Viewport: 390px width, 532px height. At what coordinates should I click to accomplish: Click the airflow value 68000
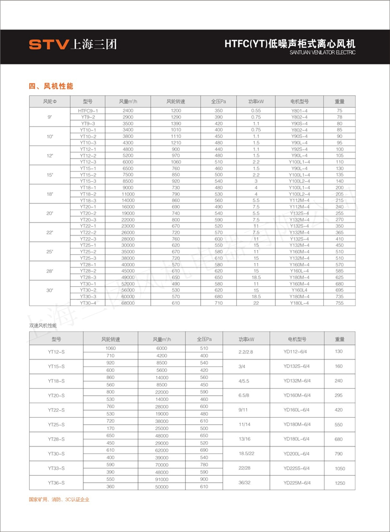pos(128,303)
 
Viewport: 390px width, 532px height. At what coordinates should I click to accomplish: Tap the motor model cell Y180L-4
pos(300,303)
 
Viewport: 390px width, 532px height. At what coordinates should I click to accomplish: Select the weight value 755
pos(340,303)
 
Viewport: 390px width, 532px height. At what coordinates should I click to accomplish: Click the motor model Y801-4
pos(300,110)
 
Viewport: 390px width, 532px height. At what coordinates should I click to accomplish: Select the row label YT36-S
pos(56,483)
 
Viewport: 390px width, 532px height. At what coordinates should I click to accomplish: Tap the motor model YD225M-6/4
pos(297,483)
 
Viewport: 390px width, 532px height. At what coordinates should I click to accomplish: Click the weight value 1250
pos(340,483)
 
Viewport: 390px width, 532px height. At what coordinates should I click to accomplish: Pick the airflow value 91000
pos(162,479)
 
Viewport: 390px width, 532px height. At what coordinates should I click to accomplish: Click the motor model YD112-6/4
pos(297,352)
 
